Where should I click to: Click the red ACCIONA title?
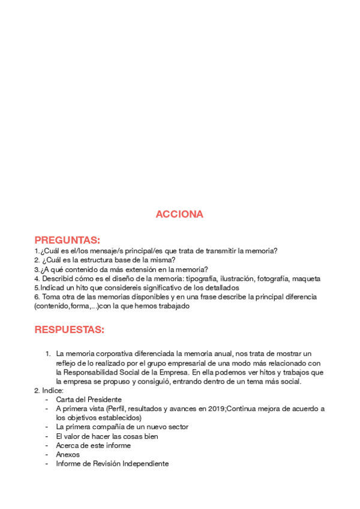point(179,214)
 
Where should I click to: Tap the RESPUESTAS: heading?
point(70,330)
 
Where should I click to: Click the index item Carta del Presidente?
point(89,399)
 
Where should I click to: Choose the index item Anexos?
point(68,454)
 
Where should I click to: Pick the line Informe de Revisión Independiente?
point(112,463)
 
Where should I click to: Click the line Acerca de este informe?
point(93,445)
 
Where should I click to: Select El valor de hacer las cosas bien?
point(107,436)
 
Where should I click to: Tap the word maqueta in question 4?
point(306,279)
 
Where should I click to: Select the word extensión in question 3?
point(143,270)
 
